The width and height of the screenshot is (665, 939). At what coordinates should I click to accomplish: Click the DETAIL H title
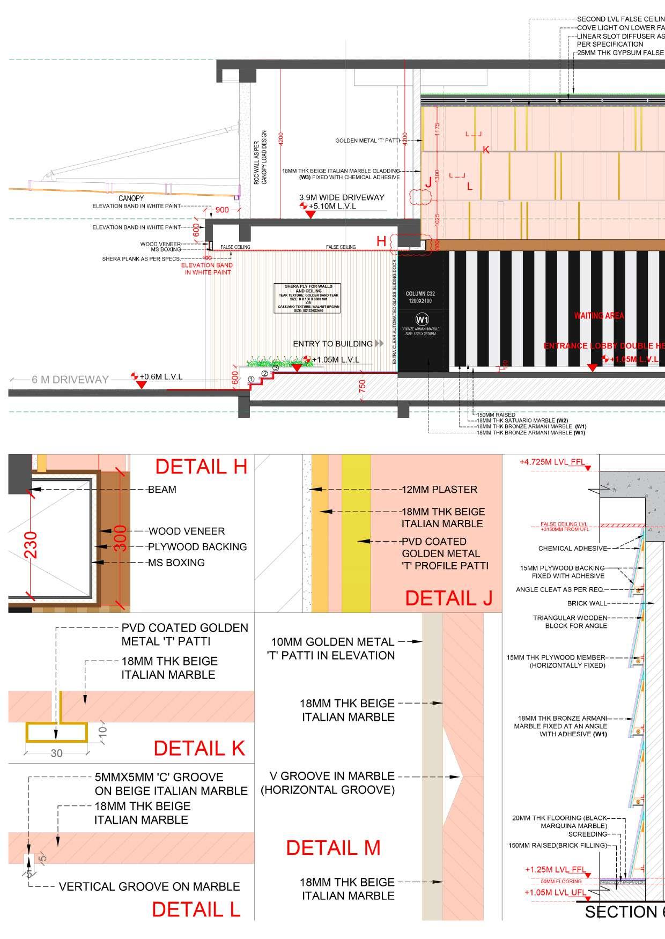coord(201,467)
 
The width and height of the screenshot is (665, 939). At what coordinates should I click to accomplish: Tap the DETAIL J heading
coord(448,598)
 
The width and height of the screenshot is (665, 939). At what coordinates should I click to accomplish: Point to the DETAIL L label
coord(196,909)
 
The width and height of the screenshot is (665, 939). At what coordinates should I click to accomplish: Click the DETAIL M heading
coord(333,847)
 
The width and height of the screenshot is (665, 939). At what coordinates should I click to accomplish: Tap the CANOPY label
coord(131,198)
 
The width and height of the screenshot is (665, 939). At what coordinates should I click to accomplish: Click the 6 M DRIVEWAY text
coord(70,380)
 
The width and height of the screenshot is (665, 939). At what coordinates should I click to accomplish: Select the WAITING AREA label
coord(599,315)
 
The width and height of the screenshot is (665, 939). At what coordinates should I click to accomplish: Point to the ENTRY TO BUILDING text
coord(332,344)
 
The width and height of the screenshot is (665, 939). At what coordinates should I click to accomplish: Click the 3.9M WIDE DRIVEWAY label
coord(342,197)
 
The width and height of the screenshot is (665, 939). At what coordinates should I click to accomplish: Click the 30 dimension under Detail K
coord(56,753)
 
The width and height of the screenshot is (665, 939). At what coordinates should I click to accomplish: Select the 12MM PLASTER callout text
coord(439,489)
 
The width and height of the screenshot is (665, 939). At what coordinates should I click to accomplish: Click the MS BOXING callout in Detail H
coord(176,563)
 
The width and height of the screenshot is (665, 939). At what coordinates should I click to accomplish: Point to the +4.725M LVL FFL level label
coord(551,462)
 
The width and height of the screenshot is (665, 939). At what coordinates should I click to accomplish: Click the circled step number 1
coord(251,379)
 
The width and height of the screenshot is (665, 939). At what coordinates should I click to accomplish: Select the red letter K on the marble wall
coord(486,150)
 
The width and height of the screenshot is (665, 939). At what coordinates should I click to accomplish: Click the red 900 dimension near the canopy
coord(222,210)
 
